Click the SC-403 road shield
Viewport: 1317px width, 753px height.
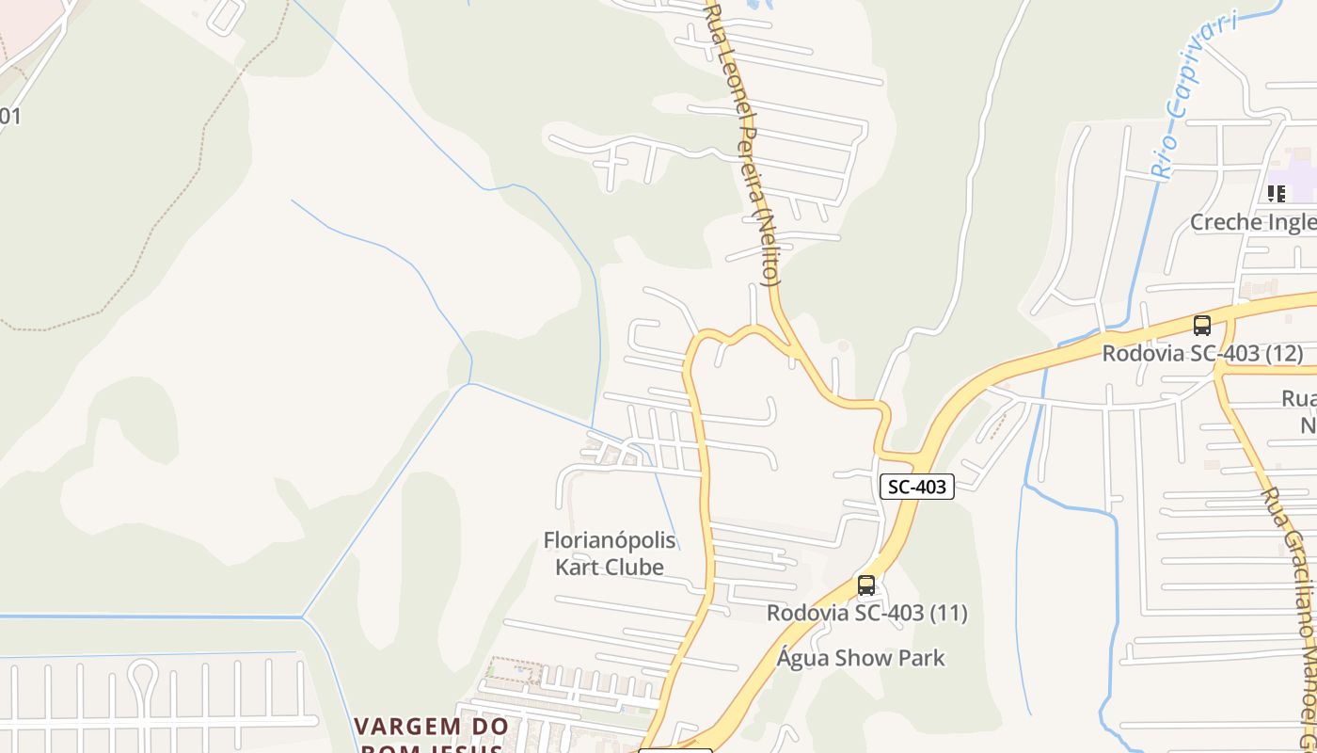(x=917, y=487)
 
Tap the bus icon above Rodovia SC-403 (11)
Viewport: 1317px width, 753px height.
(x=866, y=585)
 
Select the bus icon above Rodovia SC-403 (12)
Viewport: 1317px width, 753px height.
(x=1201, y=326)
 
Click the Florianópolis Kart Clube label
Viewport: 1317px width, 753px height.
(x=610, y=553)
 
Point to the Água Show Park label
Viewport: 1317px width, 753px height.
(x=861, y=657)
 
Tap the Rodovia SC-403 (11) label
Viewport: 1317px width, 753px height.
(x=866, y=613)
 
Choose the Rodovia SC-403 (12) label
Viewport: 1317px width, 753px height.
(x=1202, y=354)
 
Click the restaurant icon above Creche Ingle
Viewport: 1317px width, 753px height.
(x=1276, y=193)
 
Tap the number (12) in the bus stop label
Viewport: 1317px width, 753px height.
(x=1283, y=354)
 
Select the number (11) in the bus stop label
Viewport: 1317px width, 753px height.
(x=948, y=613)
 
